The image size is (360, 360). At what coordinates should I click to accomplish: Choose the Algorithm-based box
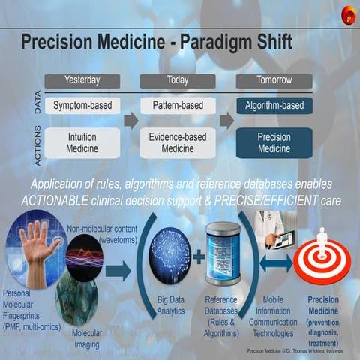point(274,106)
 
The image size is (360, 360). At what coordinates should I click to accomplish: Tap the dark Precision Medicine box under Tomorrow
point(274,142)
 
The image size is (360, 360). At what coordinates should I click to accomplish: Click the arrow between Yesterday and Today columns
point(131,120)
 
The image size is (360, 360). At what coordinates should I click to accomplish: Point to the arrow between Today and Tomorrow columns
point(226,120)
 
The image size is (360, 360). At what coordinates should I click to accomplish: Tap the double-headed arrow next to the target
point(278,263)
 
